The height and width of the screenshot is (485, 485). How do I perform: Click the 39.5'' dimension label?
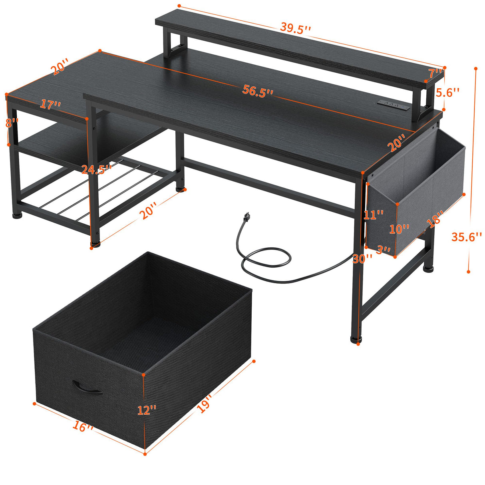click(x=295, y=28)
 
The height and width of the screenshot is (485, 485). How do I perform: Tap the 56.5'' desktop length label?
click(x=258, y=91)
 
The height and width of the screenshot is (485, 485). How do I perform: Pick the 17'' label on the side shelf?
click(x=50, y=105)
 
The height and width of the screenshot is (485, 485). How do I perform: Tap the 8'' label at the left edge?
click(x=12, y=123)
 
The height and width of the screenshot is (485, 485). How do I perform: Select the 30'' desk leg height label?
click(x=362, y=258)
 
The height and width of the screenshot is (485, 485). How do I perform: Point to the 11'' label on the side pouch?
click(x=374, y=215)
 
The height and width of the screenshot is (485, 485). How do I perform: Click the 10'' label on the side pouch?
click(x=400, y=229)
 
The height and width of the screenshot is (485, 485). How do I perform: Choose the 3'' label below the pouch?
click(x=384, y=250)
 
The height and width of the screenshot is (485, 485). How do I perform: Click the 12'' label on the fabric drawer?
click(x=147, y=410)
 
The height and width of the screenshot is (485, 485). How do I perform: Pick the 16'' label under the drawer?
click(x=83, y=427)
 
